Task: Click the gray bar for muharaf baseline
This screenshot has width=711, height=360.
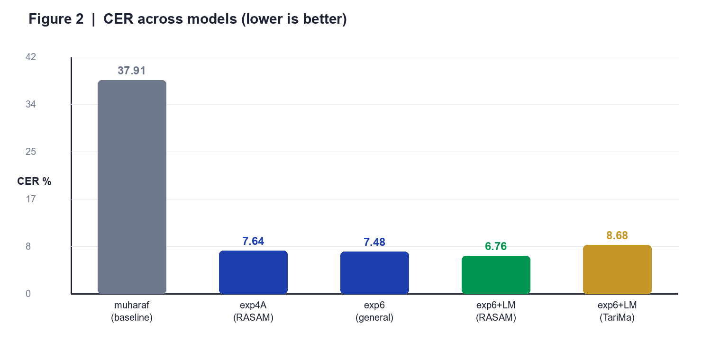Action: [132, 187]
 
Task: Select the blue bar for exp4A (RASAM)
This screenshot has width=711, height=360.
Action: [253, 272]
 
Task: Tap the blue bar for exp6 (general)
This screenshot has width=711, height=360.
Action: [374, 273]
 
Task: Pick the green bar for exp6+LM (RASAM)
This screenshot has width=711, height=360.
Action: [496, 275]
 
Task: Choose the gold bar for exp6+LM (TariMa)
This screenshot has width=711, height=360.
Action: [617, 269]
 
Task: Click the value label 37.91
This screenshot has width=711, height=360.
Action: [131, 71]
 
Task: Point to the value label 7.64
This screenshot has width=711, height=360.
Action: [253, 241]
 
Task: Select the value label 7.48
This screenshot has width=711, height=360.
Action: [374, 242]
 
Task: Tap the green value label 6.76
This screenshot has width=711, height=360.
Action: [496, 246]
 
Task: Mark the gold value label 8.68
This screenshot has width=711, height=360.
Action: [617, 235]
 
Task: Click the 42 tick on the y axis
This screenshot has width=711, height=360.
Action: [31, 57]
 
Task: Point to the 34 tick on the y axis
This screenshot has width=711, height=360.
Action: [31, 104]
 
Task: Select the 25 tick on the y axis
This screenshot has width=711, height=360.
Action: [31, 152]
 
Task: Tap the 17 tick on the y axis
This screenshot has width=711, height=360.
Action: [31, 199]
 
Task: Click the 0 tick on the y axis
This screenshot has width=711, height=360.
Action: [28, 294]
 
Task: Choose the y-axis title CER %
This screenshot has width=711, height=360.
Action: [34, 181]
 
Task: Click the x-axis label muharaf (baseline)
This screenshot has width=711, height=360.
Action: [132, 311]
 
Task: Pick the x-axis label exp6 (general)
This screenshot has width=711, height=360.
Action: [374, 311]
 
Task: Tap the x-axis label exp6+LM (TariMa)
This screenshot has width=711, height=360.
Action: [617, 311]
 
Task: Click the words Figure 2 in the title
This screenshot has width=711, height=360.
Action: [56, 19]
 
